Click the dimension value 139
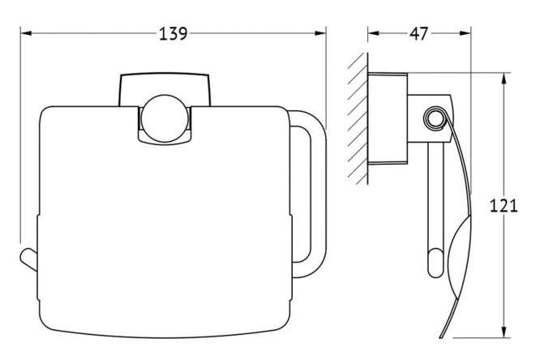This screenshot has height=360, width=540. click(174, 34)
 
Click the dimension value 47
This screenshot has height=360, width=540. click(418, 34)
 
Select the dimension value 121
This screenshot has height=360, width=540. click(504, 206)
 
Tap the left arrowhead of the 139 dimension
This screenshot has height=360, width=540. click(26, 33)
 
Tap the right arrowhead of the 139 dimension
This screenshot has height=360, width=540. click(320, 33)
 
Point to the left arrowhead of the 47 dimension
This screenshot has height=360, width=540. click(373, 33)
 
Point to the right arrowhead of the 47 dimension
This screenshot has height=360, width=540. click(465, 33)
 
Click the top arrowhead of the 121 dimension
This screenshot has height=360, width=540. click(504, 79)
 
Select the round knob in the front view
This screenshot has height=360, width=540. click(165, 118)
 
